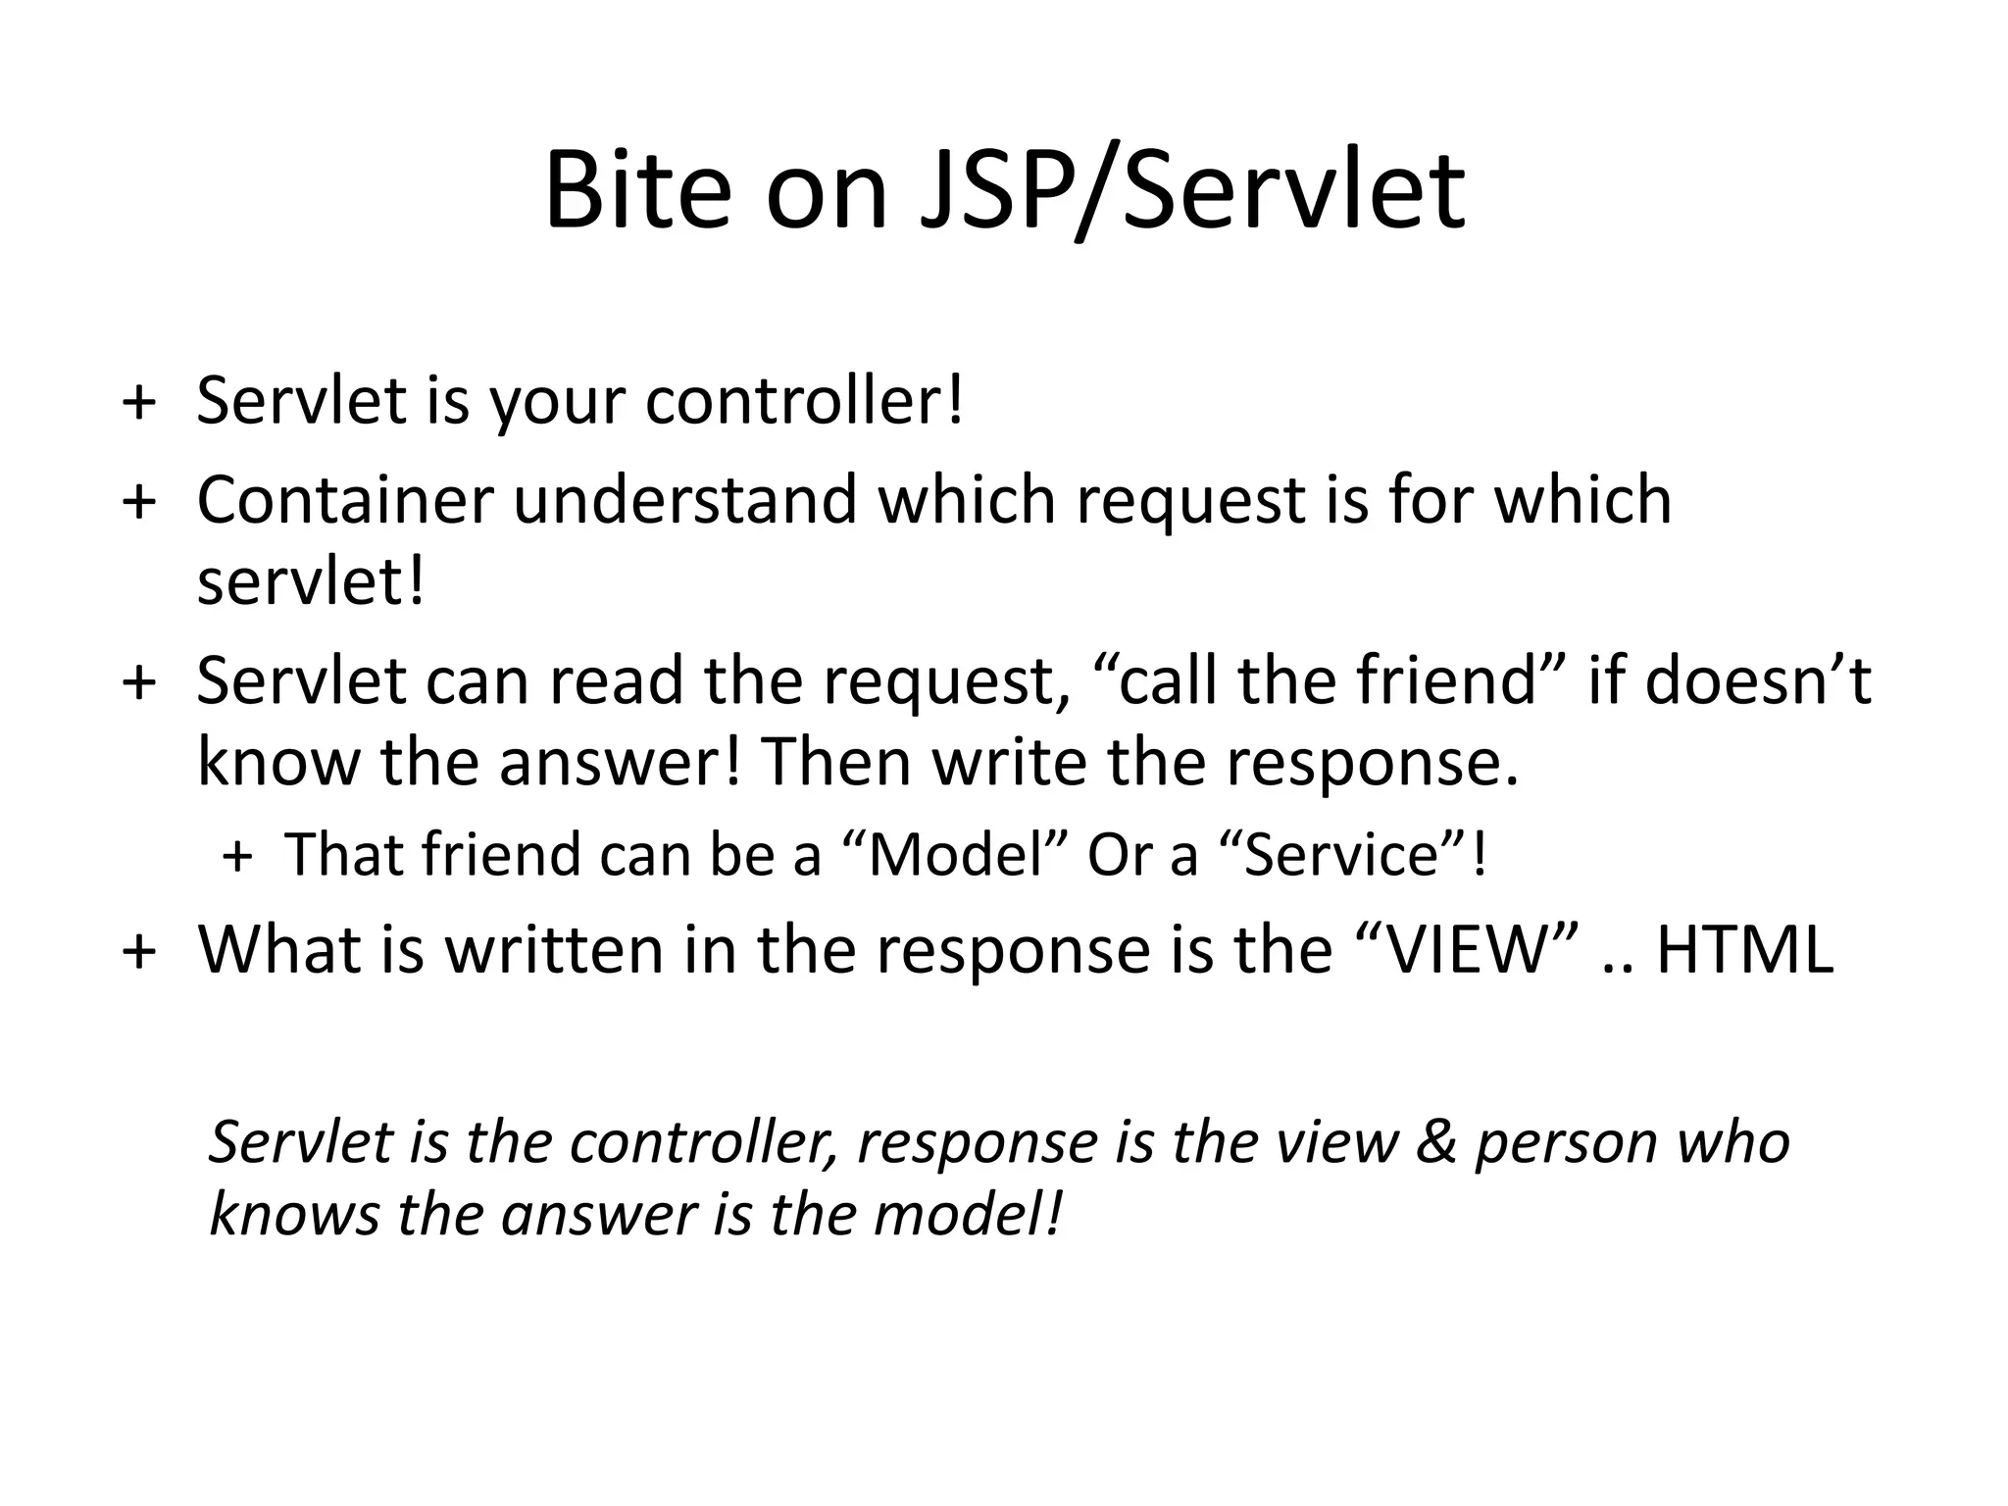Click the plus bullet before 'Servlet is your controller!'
(139, 402)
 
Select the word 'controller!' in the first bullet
(804, 402)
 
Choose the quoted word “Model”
(955, 855)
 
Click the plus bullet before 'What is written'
(139, 951)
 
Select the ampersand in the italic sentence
(1435, 1143)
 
